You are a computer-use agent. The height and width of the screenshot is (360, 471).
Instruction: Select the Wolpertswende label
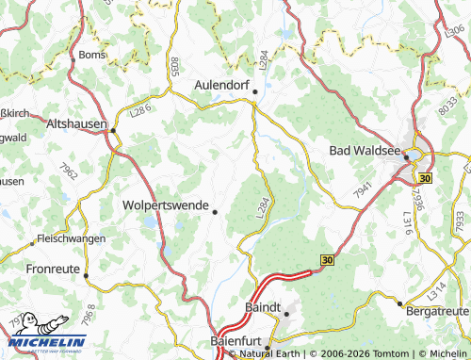click(x=166, y=204)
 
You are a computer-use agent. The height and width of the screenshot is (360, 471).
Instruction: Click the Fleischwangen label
click(x=71, y=240)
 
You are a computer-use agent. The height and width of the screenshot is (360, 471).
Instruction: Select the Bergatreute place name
click(x=436, y=308)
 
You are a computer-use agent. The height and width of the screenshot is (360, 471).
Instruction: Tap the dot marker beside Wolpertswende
click(x=216, y=212)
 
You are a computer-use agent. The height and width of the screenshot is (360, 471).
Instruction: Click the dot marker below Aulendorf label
click(x=254, y=92)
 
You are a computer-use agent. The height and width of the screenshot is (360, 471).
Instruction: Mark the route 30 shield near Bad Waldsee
click(x=425, y=177)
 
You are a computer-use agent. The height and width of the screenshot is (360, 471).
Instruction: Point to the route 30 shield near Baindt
click(x=327, y=259)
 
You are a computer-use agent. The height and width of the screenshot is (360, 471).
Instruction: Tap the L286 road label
click(x=141, y=111)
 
